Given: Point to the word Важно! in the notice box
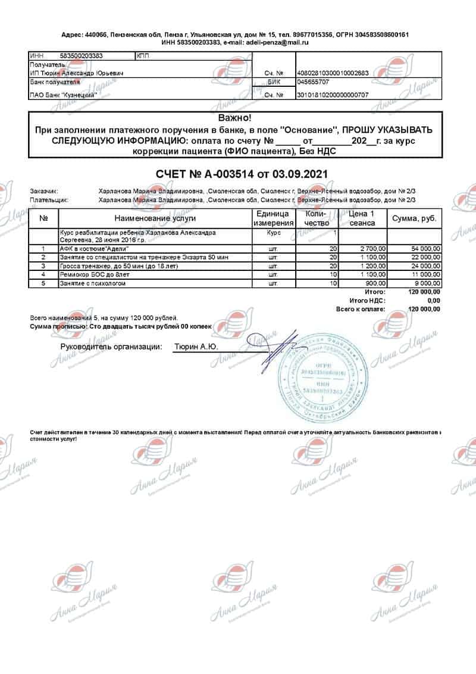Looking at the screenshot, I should [x=235, y=118].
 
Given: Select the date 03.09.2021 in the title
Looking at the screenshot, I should [x=297, y=173].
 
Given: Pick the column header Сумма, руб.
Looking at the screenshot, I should [x=414, y=219].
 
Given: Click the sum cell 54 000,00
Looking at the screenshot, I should [x=424, y=248].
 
